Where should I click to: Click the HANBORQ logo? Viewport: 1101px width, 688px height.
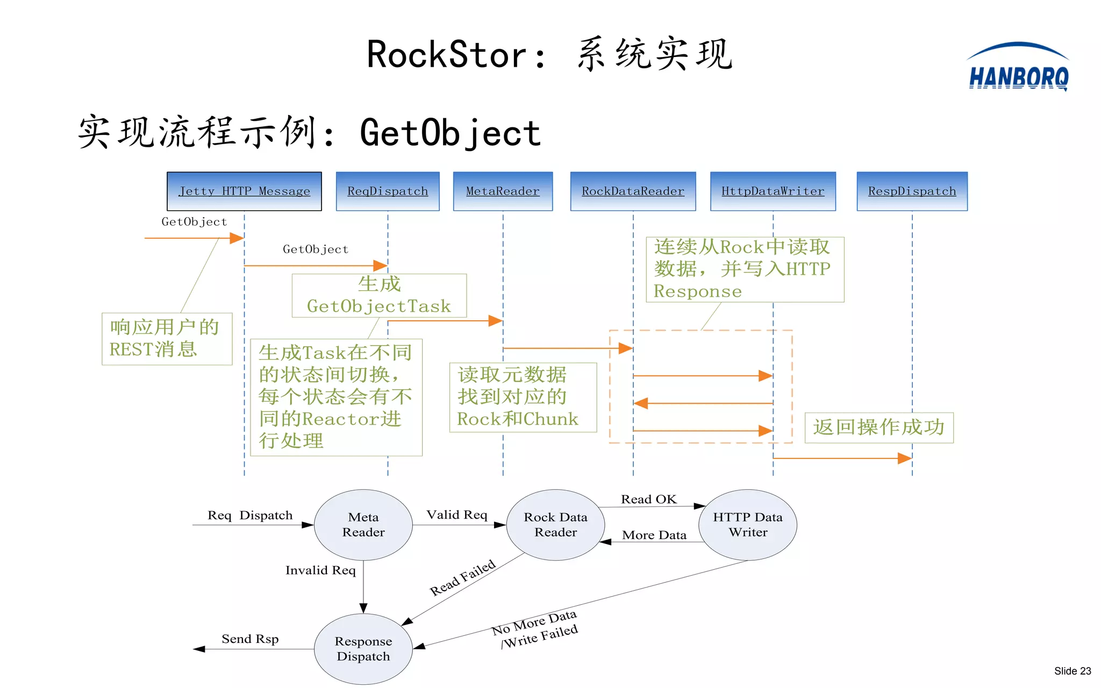pos(1018,69)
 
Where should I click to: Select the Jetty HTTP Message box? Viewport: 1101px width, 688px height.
pos(244,191)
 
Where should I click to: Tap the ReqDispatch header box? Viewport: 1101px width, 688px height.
pos(388,191)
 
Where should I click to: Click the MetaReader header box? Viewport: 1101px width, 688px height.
pos(503,191)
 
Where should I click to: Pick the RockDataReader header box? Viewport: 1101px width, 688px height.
pos(633,191)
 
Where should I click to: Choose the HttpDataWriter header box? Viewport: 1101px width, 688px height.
pos(773,191)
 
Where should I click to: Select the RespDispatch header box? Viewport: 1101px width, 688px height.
pos(912,191)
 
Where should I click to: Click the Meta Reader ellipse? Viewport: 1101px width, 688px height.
pos(363,525)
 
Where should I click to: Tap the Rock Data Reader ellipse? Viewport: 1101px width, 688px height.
pos(555,525)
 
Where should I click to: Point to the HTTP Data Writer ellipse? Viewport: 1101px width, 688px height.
pos(747,525)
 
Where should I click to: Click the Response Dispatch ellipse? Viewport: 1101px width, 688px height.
pos(363,649)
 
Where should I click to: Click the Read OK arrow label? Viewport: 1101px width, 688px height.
pos(648,499)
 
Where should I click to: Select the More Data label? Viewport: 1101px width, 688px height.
pos(654,535)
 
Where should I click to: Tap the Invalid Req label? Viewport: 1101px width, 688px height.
pos(320,570)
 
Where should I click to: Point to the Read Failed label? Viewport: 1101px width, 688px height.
pos(462,578)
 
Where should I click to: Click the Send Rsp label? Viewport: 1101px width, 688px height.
pos(250,639)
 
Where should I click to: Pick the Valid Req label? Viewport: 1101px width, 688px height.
pos(456,515)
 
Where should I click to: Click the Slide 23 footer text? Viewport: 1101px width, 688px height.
pos(1072,671)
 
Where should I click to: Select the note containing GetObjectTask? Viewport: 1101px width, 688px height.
pos(379,296)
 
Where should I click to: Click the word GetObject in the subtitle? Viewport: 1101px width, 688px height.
pos(450,133)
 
